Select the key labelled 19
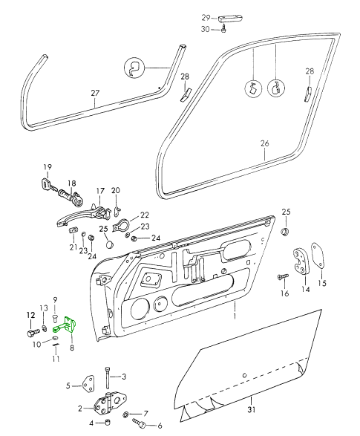pos(48,185)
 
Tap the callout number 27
pos(95,93)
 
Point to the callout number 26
pos(265,143)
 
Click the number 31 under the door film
pos(251,409)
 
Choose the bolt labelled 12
pos(32,331)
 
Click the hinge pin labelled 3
pos(107,377)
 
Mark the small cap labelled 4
pos(108,423)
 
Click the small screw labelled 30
pos(223,28)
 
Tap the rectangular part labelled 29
pos(228,19)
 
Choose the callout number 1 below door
pos(235,316)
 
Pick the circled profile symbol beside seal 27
pos(134,68)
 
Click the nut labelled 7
pos(125,414)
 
